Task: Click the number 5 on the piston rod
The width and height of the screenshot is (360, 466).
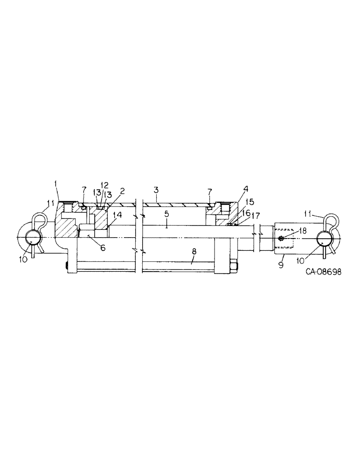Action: point(166,215)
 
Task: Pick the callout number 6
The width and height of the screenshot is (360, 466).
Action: point(103,248)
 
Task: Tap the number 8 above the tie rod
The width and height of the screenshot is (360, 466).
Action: point(194,251)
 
